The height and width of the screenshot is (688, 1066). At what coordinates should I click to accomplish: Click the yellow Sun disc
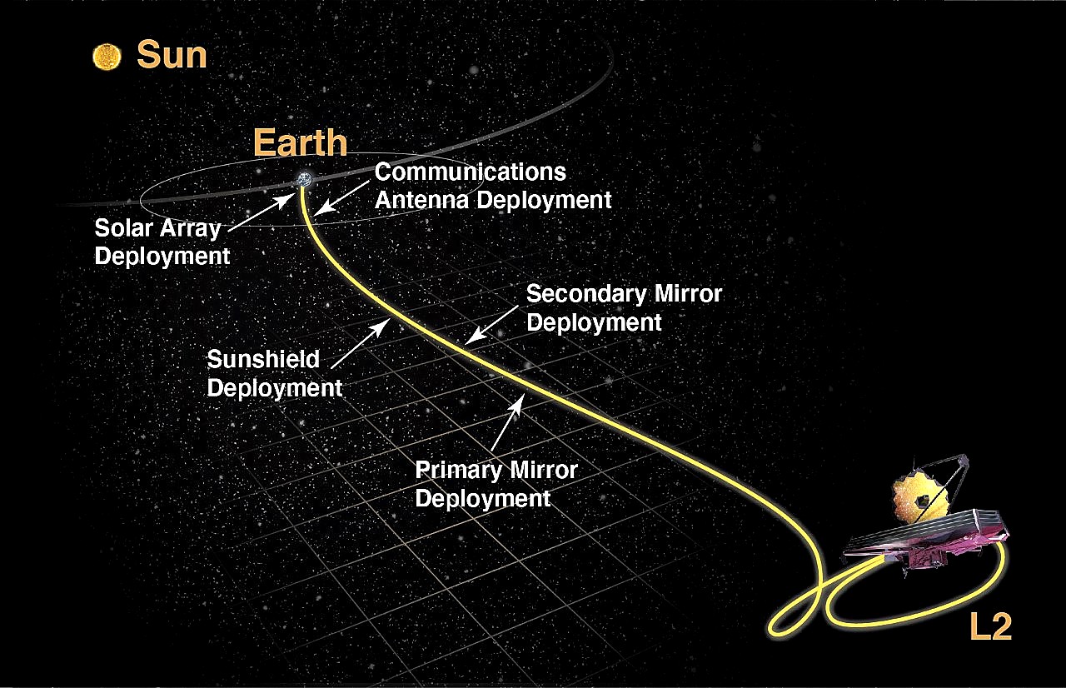tap(107, 57)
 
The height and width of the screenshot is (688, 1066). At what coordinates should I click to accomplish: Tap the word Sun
tap(172, 55)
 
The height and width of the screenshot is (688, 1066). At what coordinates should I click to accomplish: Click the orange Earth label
tap(300, 142)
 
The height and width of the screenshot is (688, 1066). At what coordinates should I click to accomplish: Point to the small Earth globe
tap(304, 179)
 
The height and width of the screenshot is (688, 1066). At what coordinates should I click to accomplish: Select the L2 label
tap(990, 626)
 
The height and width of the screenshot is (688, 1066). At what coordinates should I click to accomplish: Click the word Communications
tap(471, 172)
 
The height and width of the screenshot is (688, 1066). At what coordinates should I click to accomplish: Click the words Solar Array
tap(158, 228)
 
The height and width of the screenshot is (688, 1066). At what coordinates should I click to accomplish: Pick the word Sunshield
tap(263, 359)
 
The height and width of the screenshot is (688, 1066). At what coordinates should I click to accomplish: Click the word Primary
tap(451, 470)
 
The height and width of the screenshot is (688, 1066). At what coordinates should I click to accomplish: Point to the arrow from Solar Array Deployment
tap(262, 212)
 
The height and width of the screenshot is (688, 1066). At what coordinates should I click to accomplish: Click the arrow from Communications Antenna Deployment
tap(341, 197)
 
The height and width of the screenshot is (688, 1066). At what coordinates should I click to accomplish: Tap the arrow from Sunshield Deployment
tap(361, 343)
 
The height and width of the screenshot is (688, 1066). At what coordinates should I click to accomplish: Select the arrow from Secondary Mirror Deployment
tap(491, 325)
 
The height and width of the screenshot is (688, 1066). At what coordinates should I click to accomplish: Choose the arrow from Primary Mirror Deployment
tap(508, 422)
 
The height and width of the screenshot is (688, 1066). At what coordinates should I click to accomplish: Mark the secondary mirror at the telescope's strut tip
tap(962, 461)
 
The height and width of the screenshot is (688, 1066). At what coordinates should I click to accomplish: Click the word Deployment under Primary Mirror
tap(483, 499)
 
